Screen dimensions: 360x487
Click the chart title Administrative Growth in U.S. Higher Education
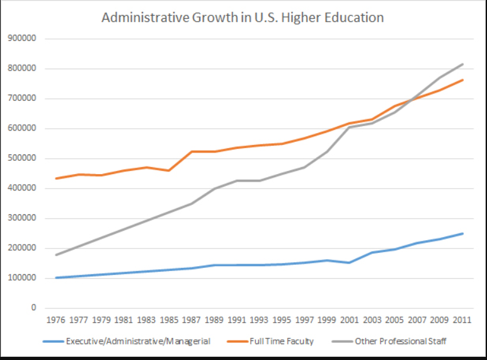click(x=243, y=17)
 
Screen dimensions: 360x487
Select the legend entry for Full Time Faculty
click(x=281, y=342)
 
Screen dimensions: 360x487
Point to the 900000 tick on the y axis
click(x=22, y=38)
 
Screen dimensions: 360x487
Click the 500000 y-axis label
click(x=22, y=158)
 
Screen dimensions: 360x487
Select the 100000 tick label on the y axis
click(x=22, y=278)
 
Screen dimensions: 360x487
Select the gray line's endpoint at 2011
click(x=463, y=64)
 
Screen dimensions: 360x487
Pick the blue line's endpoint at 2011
click(x=463, y=233)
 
